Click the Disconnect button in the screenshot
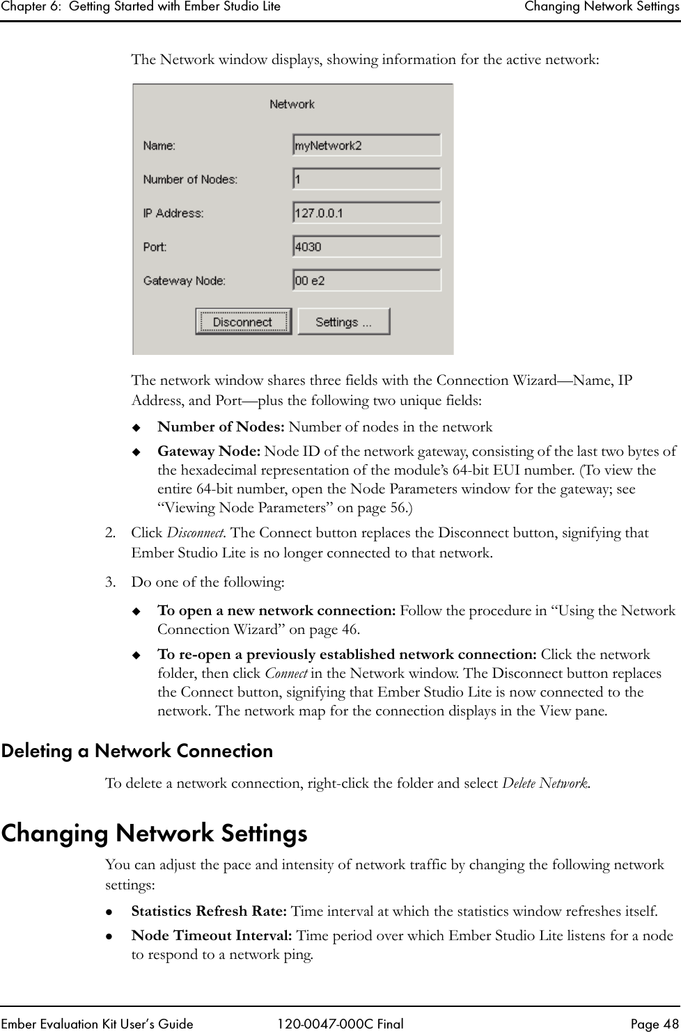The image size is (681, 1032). click(242, 322)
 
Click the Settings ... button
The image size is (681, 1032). click(343, 322)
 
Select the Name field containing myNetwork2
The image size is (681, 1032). click(366, 145)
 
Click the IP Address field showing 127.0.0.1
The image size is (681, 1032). click(366, 213)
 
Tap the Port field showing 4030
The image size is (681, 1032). click(366, 246)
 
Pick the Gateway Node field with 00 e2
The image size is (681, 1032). click(366, 280)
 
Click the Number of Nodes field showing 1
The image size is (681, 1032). click(366, 180)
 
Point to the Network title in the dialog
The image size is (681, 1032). click(292, 104)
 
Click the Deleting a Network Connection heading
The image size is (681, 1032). click(137, 752)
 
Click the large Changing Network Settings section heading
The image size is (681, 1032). click(154, 833)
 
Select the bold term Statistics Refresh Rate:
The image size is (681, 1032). click(209, 911)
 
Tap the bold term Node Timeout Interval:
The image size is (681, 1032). click(212, 935)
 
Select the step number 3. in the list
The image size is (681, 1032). click(110, 581)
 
